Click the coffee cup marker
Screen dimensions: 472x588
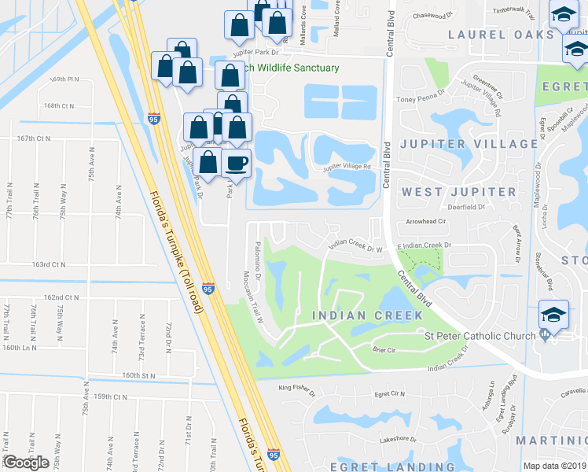(237, 163)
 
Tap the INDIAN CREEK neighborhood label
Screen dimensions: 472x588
(366, 315)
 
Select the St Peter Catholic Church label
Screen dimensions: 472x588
(480, 337)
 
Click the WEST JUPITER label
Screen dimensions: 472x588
(459, 192)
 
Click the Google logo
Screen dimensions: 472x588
(26, 463)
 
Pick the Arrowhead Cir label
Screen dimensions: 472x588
(424, 222)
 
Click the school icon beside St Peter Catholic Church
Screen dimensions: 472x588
(552, 316)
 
